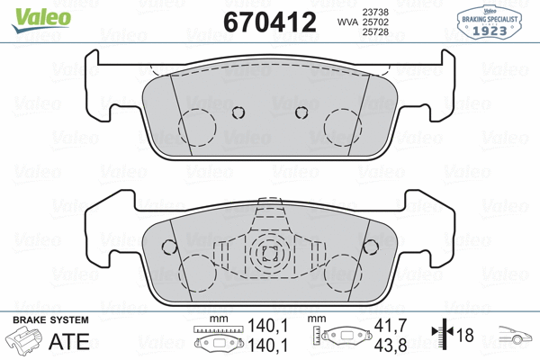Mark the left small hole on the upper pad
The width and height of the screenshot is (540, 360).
(x=238, y=112)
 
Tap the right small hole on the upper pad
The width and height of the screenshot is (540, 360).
(x=301, y=112)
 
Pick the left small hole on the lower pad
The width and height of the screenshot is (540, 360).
(x=167, y=247)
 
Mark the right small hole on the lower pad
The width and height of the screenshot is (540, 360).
(x=370, y=247)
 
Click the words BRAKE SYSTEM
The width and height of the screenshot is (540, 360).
(x=49, y=321)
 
